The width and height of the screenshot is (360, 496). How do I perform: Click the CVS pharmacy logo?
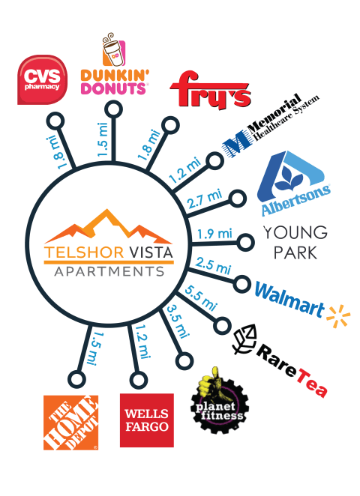coord(42,79)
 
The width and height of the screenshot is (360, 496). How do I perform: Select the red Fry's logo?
coord(211,89)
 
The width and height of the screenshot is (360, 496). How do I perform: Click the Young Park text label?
coord(295,243)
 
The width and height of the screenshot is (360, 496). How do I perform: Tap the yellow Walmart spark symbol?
coord(338,316)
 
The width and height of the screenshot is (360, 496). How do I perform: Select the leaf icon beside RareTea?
coord(244,339)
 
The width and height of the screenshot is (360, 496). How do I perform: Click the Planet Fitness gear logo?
coord(220,401)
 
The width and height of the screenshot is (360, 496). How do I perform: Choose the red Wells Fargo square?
coord(147,420)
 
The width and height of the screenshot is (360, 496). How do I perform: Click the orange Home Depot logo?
coord(71,423)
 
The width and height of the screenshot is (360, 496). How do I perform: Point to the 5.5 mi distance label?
coord(201,298)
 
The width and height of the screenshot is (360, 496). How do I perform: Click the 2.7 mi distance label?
coord(205,199)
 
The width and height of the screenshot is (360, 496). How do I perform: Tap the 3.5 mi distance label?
coord(178,321)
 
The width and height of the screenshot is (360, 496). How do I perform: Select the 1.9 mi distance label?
coord(214,234)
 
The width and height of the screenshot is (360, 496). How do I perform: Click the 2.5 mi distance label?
coord(213,265)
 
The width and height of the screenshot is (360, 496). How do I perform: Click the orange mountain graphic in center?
coord(108,226)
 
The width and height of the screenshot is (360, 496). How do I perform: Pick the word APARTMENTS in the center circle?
coord(109,272)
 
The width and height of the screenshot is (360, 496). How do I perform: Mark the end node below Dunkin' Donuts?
coord(113,109)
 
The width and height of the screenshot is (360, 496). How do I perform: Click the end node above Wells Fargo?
coord(138,380)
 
